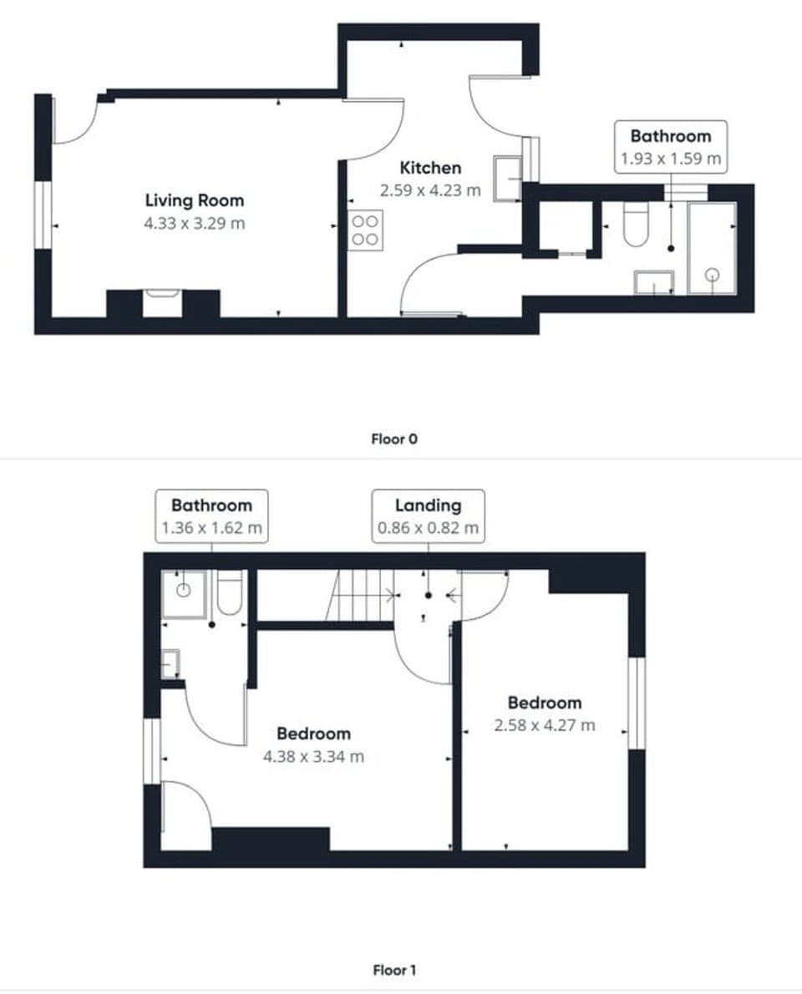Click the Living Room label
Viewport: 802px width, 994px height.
(x=195, y=200)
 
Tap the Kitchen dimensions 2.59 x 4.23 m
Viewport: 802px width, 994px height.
(x=430, y=190)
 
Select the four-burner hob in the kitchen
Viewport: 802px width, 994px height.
(x=365, y=231)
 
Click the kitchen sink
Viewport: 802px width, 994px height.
(x=506, y=178)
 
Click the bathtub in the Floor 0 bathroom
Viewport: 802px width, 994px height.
(x=711, y=248)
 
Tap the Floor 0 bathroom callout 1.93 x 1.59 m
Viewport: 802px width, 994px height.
(x=670, y=147)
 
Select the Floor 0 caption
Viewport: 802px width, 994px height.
(x=393, y=439)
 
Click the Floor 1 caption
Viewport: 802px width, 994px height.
(x=393, y=970)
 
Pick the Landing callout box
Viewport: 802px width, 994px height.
(x=428, y=516)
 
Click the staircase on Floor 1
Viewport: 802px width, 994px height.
(x=359, y=596)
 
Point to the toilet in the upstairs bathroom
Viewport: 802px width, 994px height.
(x=229, y=591)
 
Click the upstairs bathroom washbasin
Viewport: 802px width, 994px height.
(x=170, y=663)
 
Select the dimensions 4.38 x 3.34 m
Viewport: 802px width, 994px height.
(x=313, y=758)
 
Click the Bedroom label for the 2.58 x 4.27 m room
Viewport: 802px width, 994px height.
(x=544, y=702)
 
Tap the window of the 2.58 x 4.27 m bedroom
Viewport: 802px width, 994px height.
(x=637, y=702)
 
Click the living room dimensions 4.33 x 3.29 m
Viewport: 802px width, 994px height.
(x=195, y=224)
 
